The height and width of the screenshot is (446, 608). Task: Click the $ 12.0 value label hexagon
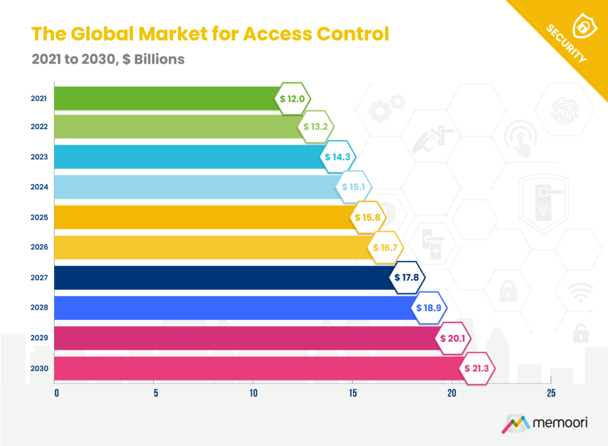[295, 98]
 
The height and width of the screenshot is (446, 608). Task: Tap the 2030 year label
[39, 368]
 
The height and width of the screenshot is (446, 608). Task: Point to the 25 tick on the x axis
[551, 393]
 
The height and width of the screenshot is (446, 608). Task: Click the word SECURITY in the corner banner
[566, 43]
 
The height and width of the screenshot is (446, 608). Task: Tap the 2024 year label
[39, 187]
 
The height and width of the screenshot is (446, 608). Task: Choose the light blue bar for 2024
[196, 187]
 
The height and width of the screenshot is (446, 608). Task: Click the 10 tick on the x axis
[254, 393]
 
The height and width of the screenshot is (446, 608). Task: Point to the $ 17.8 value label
[409, 278]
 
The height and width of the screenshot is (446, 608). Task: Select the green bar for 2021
[166, 98]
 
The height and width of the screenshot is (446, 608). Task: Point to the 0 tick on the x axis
[56, 393]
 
